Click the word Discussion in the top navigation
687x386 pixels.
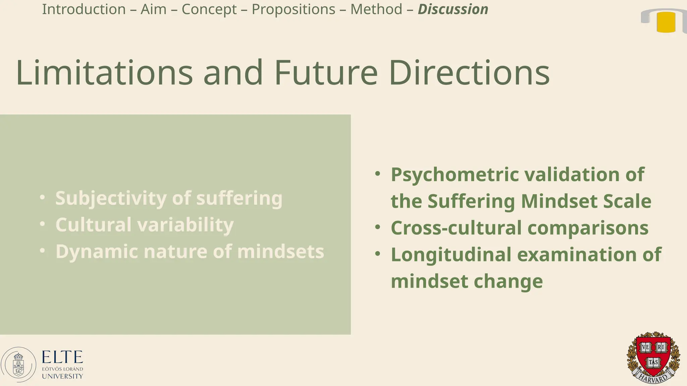453,9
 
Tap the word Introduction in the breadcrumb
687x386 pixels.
84,9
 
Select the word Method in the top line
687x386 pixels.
376,9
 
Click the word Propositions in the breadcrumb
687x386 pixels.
293,9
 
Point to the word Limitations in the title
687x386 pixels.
104,73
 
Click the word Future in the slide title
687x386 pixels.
326,73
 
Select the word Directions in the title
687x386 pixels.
469,73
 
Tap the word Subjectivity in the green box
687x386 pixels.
111,198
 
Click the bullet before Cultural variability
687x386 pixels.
42,224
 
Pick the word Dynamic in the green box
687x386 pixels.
97,251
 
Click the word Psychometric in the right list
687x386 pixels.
455,174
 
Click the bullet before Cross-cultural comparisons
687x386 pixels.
378,227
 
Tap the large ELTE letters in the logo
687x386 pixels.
62,357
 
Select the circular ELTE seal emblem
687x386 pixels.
18,365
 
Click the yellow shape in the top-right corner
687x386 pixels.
666,22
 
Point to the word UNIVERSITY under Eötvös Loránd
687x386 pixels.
62,376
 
